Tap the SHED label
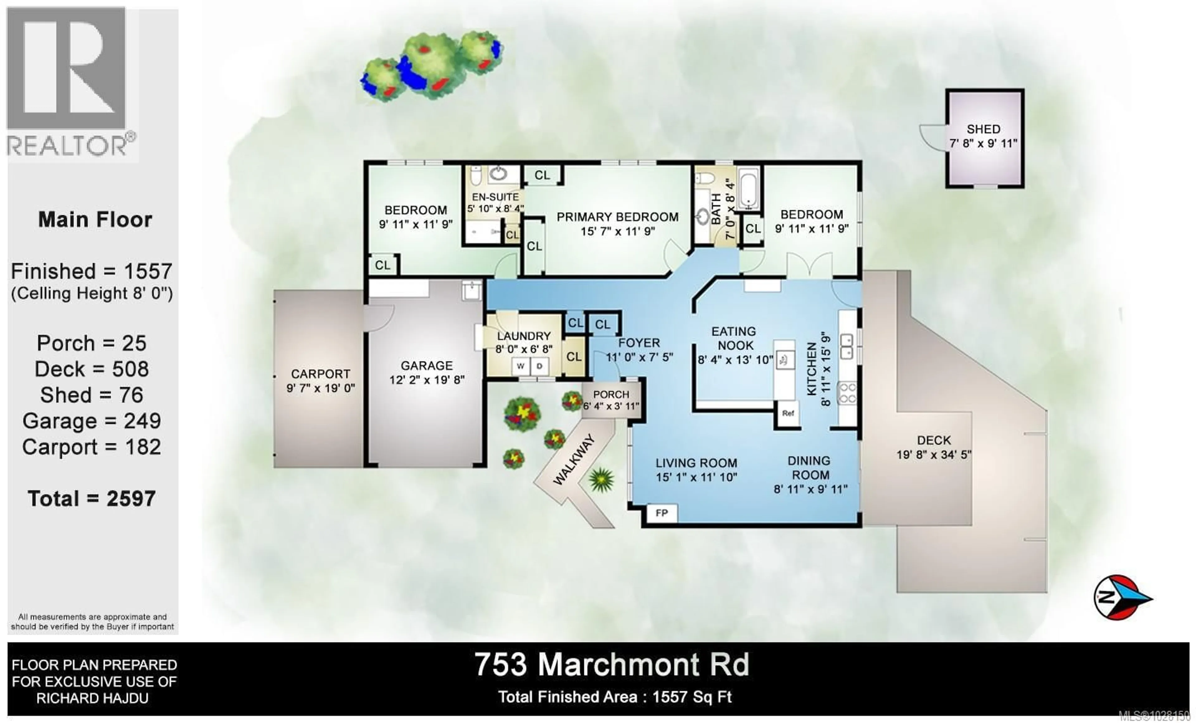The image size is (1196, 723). coord(983,129)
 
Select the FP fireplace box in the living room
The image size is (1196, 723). coord(662,513)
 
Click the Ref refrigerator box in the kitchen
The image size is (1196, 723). coord(788,413)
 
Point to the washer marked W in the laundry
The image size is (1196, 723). coord(520,366)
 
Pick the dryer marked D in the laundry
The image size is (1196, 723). coord(539,366)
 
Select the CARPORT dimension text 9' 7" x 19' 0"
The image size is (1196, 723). coord(320,388)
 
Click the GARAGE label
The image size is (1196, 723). coord(427,366)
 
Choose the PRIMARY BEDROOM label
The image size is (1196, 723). coord(617,217)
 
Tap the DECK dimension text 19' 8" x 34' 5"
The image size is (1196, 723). coord(934,455)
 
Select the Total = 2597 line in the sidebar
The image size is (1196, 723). coord(92,499)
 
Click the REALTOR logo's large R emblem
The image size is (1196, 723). coord(67,68)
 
